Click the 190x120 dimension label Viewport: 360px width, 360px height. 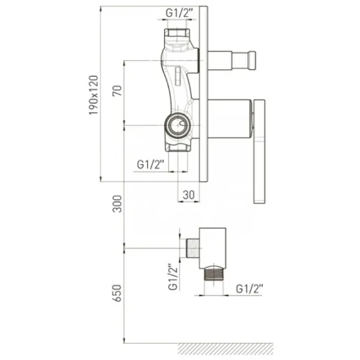click(94, 95)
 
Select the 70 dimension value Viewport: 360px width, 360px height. click(117, 91)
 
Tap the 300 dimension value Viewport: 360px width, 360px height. click(117, 204)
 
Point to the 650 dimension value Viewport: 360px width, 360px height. click(117, 293)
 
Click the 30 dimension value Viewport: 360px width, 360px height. click(189, 195)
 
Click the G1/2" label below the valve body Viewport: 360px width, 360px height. click(151, 164)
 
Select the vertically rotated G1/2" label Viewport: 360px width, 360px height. click(173, 277)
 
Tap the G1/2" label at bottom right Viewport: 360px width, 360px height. click(250, 289)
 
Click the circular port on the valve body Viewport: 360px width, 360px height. click(178, 125)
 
